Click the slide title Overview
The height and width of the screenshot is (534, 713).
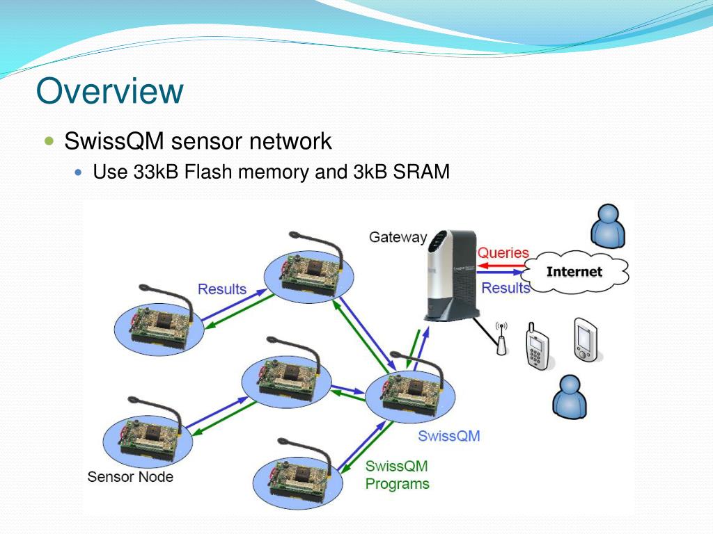(x=109, y=91)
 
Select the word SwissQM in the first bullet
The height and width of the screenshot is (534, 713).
(x=114, y=140)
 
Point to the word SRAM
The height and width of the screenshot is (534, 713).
(x=421, y=172)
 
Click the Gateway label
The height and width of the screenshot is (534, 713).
(x=398, y=237)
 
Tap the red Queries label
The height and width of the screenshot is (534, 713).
(x=503, y=252)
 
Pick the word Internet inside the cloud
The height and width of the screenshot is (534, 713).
(x=574, y=272)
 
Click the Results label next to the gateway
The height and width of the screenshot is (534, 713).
(x=506, y=288)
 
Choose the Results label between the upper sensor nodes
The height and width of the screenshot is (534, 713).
(x=222, y=289)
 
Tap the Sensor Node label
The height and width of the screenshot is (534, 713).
(x=130, y=477)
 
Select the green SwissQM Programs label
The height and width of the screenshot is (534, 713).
(x=397, y=475)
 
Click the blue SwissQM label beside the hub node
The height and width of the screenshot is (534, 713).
(x=449, y=436)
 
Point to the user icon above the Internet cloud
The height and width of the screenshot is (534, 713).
(x=608, y=226)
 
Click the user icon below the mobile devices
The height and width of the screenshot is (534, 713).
(x=570, y=396)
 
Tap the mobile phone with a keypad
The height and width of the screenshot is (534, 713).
(x=538, y=346)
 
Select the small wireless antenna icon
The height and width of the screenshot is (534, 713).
(x=501, y=339)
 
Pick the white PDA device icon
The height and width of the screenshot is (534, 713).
(x=586, y=339)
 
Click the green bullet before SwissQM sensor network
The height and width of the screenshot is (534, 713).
(x=49, y=140)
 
